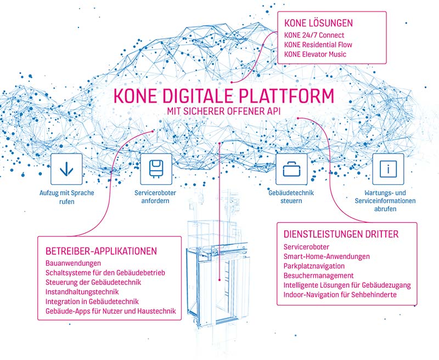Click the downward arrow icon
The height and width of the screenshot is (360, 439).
[x=66, y=169]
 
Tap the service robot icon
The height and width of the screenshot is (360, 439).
[x=156, y=169]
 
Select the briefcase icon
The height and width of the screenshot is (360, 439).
[x=291, y=169]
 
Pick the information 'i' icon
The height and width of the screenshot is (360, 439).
[x=388, y=169]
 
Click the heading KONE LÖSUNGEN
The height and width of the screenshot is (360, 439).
[x=319, y=23]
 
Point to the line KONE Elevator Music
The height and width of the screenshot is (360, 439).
[x=315, y=54]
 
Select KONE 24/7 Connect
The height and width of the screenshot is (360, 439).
[x=314, y=35]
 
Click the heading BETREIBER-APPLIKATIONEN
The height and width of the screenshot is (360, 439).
[x=101, y=251]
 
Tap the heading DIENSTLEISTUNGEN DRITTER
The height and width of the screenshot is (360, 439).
[x=341, y=234]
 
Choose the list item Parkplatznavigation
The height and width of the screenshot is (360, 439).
[x=314, y=266]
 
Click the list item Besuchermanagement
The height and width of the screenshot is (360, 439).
[x=319, y=275]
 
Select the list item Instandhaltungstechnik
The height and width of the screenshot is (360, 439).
[x=82, y=292]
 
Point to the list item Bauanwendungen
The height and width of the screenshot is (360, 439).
[x=73, y=263]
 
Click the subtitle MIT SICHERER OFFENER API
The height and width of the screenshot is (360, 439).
[x=224, y=111]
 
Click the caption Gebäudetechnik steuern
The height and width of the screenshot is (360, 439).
[x=291, y=197]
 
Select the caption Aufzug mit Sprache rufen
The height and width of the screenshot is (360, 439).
[x=66, y=197]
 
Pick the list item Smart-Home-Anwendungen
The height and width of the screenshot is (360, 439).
[x=327, y=256]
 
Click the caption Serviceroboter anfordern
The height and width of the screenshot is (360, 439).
[x=155, y=197]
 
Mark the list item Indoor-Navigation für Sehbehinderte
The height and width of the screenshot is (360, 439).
[x=340, y=295]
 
